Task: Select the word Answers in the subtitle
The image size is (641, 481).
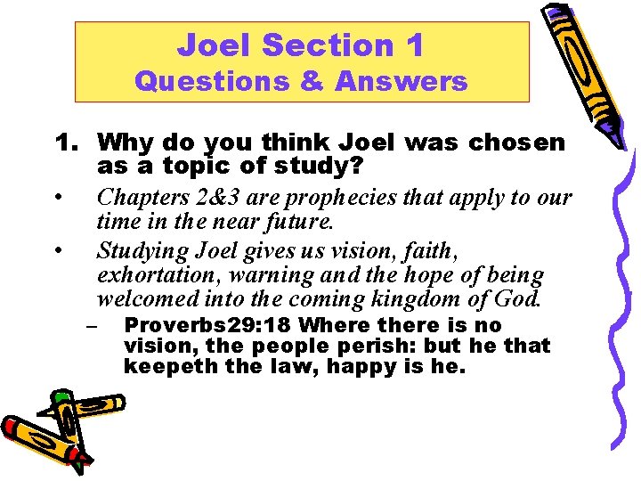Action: tap(402, 82)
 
